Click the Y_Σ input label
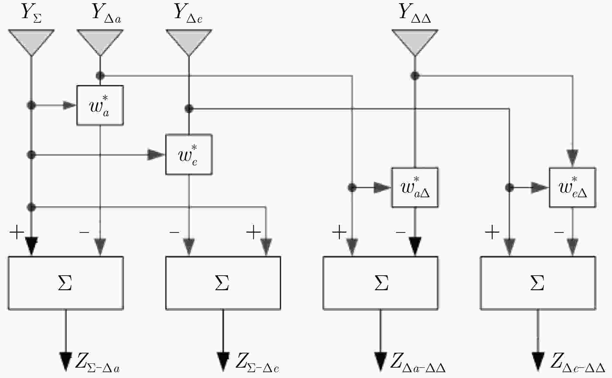[x=31, y=14]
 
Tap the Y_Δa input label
[x=107, y=14]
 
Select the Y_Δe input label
[x=188, y=14]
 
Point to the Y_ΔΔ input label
[x=415, y=14]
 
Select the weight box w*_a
[x=100, y=105]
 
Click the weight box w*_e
[x=189, y=155]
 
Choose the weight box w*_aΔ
[x=415, y=188]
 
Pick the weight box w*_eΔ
[x=572, y=188]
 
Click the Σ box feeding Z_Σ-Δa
[x=66, y=283]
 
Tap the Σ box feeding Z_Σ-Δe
[x=223, y=283]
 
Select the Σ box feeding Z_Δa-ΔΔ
[x=380, y=283]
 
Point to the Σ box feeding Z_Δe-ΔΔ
[x=538, y=283]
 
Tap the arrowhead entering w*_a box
[x=70, y=105]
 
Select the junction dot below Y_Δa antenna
[x=100, y=76]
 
